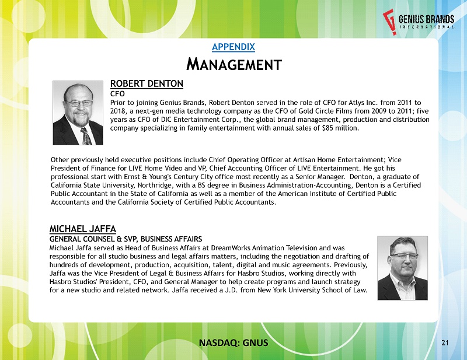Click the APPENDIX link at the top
click(x=233, y=46)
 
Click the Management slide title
click(x=233, y=63)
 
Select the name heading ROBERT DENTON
click(x=147, y=83)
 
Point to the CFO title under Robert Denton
click(x=117, y=93)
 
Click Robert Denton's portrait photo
click(x=78, y=113)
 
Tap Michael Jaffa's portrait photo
click(x=402, y=268)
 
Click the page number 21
click(x=445, y=342)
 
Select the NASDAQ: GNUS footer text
click(x=232, y=342)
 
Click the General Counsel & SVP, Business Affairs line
click(x=126, y=239)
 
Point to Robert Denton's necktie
click(x=86, y=136)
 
